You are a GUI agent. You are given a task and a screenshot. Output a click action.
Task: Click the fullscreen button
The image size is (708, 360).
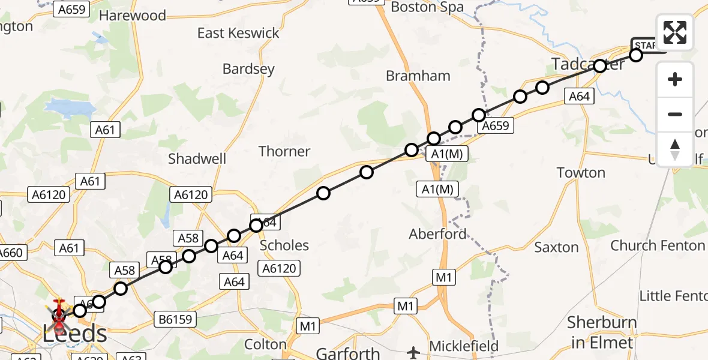(x=675, y=32)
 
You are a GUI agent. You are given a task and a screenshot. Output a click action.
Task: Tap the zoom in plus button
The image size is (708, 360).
(x=675, y=79)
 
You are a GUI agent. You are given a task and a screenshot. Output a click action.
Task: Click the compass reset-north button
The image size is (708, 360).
(x=675, y=149)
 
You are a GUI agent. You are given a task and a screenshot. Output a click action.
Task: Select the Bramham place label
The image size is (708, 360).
(x=418, y=76)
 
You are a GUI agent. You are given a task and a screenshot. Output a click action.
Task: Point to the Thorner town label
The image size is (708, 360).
(x=284, y=151)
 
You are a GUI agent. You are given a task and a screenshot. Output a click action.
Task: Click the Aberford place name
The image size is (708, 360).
(x=437, y=234)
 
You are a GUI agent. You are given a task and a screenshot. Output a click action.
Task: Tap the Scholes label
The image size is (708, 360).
(x=284, y=245)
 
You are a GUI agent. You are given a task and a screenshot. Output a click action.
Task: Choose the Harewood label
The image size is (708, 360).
(x=133, y=16)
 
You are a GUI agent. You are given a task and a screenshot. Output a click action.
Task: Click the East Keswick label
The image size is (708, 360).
(x=238, y=33)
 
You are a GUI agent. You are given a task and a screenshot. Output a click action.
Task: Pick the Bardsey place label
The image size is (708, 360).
(x=248, y=69)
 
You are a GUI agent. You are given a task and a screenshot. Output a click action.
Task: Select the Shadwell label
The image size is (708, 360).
(x=197, y=158)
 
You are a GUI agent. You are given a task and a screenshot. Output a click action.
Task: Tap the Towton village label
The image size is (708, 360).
(x=581, y=173)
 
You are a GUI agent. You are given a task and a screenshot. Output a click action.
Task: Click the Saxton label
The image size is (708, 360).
(x=556, y=247)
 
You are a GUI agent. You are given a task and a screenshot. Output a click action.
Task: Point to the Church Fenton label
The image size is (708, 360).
(x=658, y=245)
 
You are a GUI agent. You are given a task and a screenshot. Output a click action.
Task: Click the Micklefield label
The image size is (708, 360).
(x=464, y=346)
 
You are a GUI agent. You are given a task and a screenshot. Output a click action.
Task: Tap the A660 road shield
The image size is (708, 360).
(x=10, y=253)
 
